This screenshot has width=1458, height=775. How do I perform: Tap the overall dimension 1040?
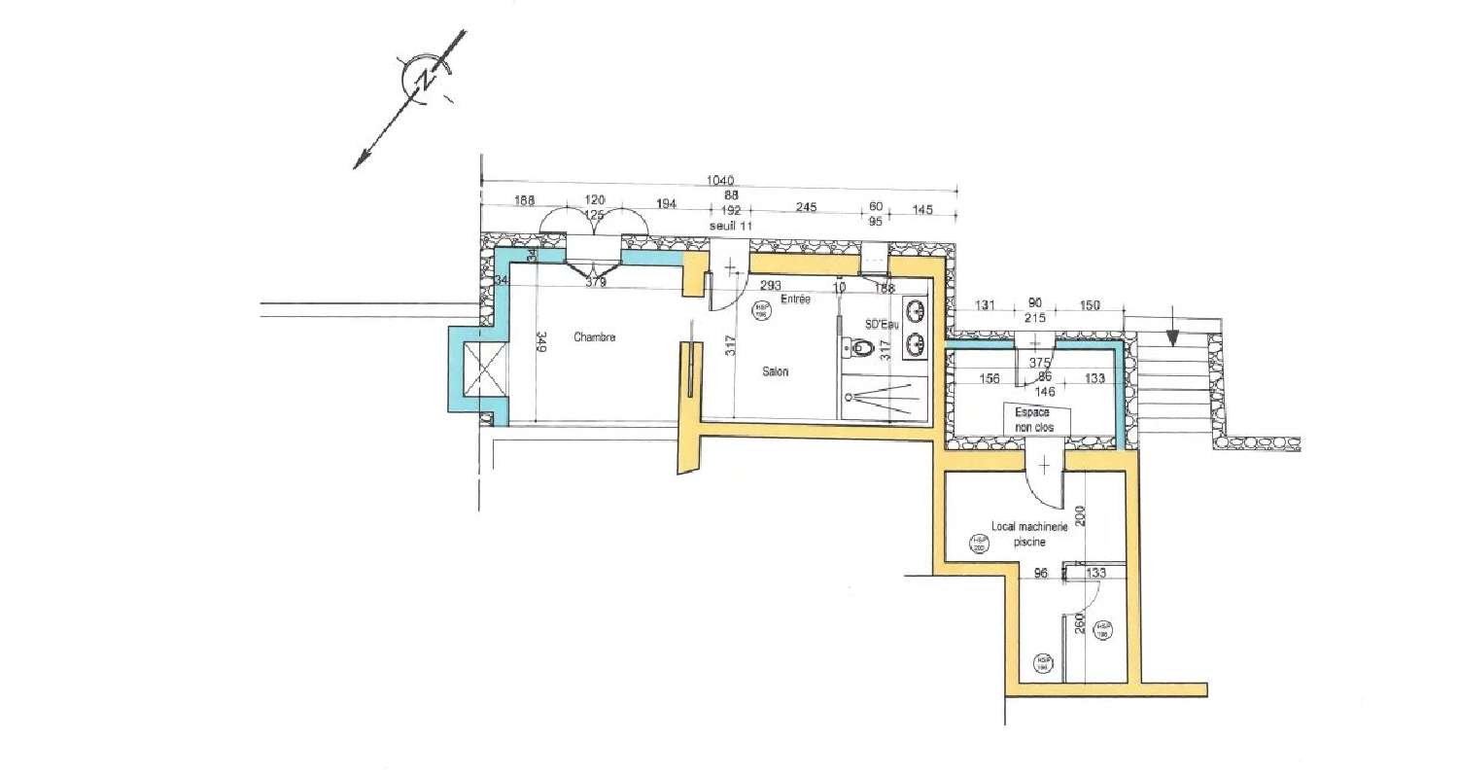coord(720,180)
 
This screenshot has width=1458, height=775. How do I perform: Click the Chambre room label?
coord(595,337)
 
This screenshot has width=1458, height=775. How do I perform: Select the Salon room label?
coord(775,371)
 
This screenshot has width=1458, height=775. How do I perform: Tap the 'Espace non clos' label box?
coord(1036,419)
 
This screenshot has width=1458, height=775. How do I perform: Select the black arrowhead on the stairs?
coord(1172,337)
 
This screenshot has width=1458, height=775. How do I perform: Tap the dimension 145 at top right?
coord(922,210)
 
